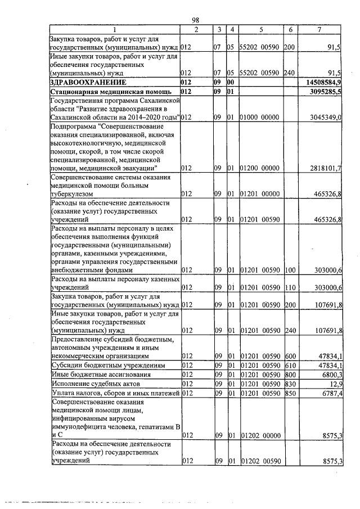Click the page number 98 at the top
tap(196, 20)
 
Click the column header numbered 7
tap(319, 29)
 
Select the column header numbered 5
tap(261, 29)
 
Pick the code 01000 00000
tap(259, 118)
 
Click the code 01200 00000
tap(259, 168)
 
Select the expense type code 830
tap(289, 383)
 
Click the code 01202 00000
tap(259, 435)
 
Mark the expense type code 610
tap(289, 365)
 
